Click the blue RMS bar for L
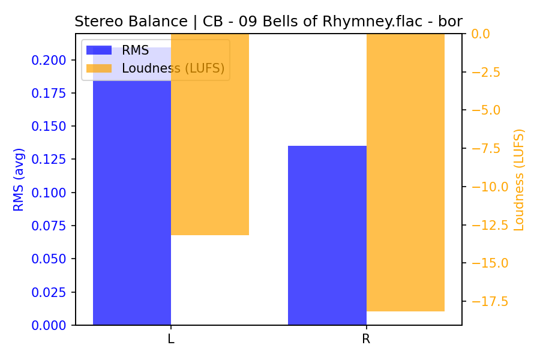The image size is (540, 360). (132, 198)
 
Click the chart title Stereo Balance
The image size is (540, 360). (268, 22)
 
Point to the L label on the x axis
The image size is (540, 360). (171, 339)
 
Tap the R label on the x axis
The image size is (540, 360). (366, 339)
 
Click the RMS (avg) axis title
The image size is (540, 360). (19, 179)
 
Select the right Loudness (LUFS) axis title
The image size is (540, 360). (519, 179)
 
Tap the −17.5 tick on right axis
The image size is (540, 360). (490, 301)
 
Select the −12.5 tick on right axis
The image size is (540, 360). (490, 225)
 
